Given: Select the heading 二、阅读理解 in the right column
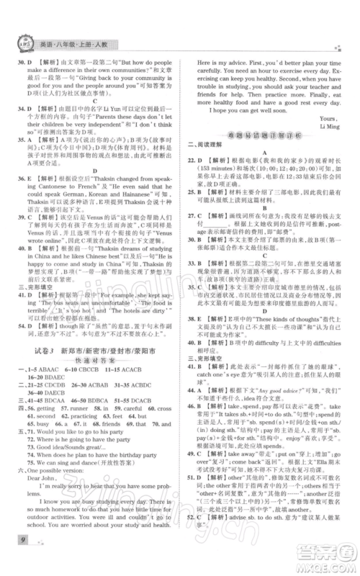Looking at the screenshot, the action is [x=207, y=176].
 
